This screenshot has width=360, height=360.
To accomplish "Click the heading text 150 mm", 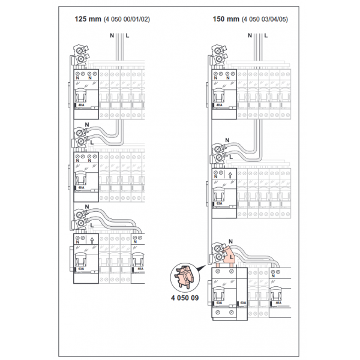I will point(224,19).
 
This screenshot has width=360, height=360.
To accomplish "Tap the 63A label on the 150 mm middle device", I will point(219,204).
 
